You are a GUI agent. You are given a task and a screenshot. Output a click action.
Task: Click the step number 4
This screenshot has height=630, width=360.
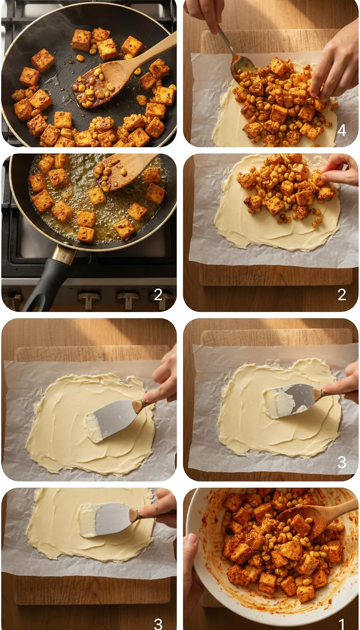342,130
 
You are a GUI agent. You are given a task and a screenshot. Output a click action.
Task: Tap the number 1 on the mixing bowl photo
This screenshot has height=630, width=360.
342,623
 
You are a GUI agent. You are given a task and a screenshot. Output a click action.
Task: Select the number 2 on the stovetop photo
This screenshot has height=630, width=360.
158,294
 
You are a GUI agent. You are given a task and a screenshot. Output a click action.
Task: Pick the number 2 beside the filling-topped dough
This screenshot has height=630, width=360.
342,294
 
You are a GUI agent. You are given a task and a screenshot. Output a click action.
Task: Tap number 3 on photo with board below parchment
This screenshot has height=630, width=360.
158,623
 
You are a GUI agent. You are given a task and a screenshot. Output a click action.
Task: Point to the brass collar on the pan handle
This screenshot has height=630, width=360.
64,255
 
